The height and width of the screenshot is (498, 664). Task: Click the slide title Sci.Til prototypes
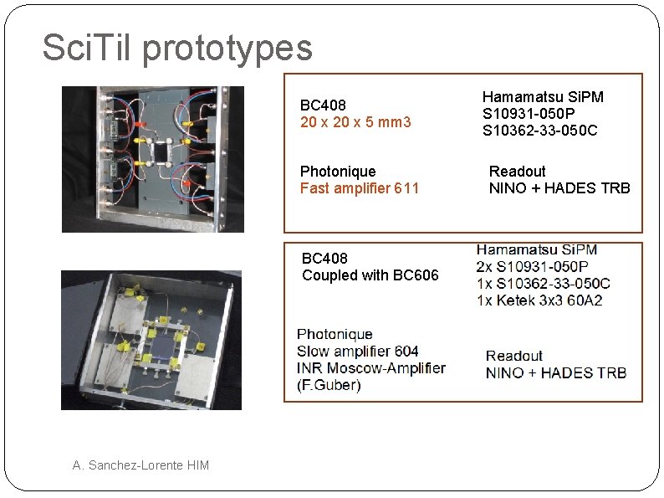pyautogui.click(x=177, y=49)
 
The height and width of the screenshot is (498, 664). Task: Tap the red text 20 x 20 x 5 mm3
pyautogui.click(x=355, y=122)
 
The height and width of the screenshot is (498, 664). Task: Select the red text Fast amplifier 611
pyautogui.click(x=359, y=188)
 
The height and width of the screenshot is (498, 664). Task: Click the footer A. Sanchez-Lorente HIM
pyautogui.click(x=140, y=465)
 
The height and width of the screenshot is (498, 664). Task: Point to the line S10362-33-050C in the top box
pyautogui.click(x=539, y=131)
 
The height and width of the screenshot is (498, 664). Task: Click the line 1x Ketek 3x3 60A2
pyautogui.click(x=539, y=300)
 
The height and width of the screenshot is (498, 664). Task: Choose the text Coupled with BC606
pyautogui.click(x=370, y=275)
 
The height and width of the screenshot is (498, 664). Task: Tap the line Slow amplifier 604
pyautogui.click(x=357, y=352)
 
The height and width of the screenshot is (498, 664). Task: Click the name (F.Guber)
pyautogui.click(x=329, y=385)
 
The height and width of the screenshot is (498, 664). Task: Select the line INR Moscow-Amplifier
pyautogui.click(x=370, y=368)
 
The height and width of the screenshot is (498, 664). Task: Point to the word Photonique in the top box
pyautogui.click(x=338, y=172)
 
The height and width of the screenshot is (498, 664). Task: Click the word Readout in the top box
pyautogui.click(x=517, y=172)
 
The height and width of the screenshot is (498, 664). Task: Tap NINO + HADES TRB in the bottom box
pyautogui.click(x=555, y=373)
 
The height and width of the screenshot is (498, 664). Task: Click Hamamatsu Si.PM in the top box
pyautogui.click(x=543, y=97)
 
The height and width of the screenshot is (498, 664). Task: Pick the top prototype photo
pyautogui.click(x=153, y=159)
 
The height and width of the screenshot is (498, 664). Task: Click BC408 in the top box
pyautogui.click(x=324, y=105)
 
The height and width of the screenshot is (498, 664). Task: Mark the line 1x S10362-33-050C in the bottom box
pyautogui.click(x=543, y=284)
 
